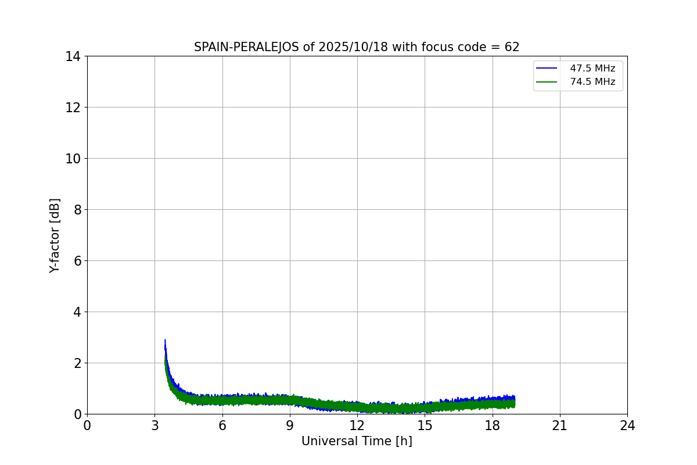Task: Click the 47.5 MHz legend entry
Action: point(592,69)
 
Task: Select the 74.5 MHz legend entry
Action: point(592,82)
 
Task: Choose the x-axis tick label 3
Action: point(155,425)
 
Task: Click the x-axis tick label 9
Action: point(290,425)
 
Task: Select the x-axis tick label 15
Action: point(425,425)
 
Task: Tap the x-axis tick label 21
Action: point(560,425)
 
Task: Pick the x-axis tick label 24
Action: point(627,425)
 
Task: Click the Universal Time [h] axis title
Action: point(357,442)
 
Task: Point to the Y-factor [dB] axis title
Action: point(55,235)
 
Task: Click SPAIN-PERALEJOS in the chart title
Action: point(247,48)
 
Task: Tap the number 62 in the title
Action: point(512,48)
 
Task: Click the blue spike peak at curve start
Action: point(165,340)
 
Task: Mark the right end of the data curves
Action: point(515,402)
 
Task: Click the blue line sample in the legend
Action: point(547,69)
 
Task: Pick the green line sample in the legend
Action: point(547,82)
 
